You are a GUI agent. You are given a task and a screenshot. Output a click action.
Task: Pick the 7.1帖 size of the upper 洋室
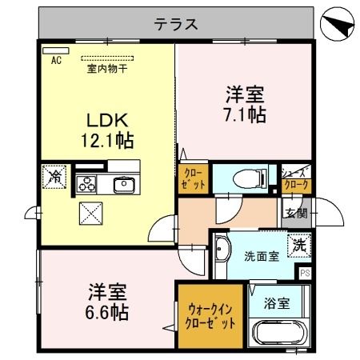point(246,113)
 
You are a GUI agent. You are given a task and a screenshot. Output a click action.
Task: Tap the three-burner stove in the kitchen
point(86,185)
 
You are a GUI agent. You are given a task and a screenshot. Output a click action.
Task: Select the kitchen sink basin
point(123,186)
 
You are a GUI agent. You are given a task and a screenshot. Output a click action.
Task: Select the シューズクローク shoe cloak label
point(295,177)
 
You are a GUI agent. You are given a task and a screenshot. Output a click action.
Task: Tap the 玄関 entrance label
point(293,212)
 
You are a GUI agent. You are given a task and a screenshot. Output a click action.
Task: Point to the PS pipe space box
point(303,273)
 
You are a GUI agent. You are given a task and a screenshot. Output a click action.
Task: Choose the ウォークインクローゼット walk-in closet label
point(212,318)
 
